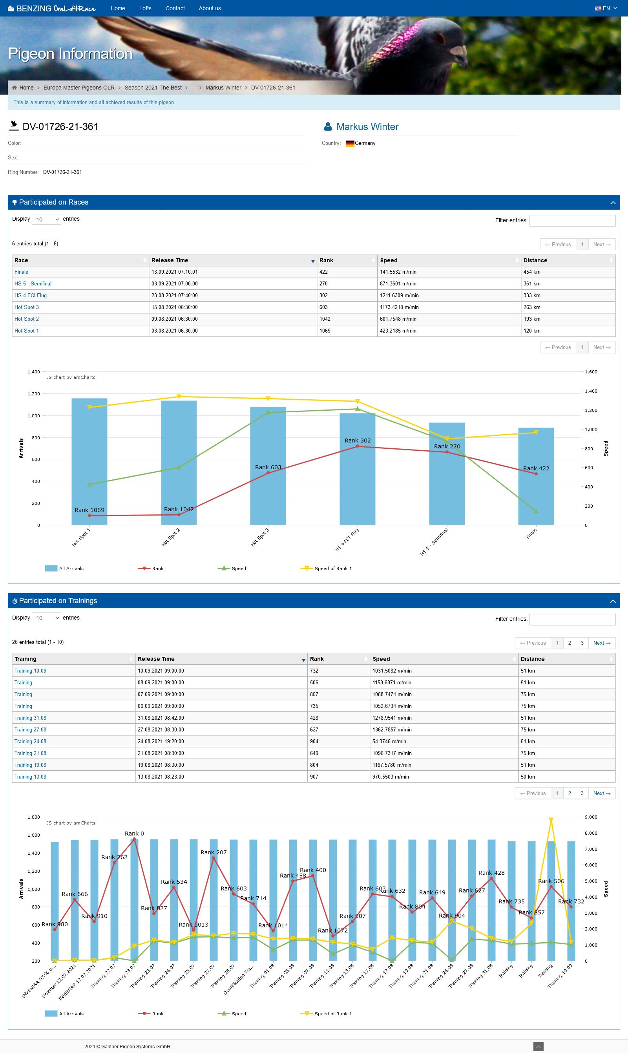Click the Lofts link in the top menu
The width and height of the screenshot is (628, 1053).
click(145, 9)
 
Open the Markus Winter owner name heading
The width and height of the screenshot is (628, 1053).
click(367, 126)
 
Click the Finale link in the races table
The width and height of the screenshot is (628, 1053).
click(21, 272)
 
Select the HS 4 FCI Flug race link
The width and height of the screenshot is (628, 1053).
click(31, 295)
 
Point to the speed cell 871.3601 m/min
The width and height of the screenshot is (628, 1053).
click(398, 283)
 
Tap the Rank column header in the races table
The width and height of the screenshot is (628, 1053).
click(326, 260)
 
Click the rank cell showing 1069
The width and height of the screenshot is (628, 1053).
click(325, 331)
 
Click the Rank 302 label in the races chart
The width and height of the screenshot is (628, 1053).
click(357, 441)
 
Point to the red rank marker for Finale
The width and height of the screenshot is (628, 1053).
click(536, 474)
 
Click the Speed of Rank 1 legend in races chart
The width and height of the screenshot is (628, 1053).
click(332, 569)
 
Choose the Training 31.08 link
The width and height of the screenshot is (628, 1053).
click(31, 718)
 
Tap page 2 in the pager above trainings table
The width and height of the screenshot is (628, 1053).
click(570, 643)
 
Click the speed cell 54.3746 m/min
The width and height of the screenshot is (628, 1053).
click(389, 742)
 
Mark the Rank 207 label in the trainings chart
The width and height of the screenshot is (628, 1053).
click(213, 852)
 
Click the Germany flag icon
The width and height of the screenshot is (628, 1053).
click(350, 143)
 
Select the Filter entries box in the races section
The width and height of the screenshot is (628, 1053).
click(572, 221)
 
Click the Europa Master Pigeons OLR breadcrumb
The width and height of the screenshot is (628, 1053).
click(79, 88)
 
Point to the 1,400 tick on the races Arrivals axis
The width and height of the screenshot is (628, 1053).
click(34, 372)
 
